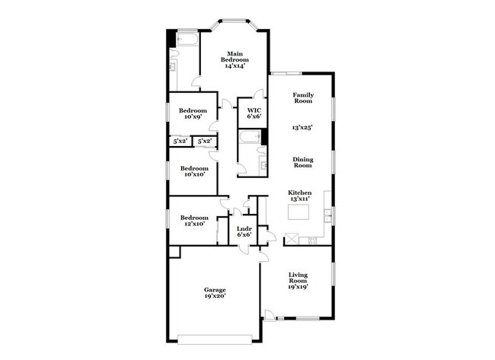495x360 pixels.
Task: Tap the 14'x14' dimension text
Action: (x=233, y=66)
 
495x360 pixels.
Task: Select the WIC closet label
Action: (x=254, y=110)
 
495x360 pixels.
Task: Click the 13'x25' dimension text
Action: (x=303, y=127)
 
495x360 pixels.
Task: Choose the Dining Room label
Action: (x=303, y=162)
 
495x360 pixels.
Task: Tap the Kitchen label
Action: (x=299, y=193)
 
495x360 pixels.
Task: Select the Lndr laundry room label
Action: (x=244, y=229)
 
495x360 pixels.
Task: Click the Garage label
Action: (x=214, y=290)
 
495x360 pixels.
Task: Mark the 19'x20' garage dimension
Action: (x=214, y=297)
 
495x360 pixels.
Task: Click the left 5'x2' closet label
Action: (x=180, y=141)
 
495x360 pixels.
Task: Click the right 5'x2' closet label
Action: (x=205, y=141)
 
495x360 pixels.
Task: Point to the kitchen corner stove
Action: (x=292, y=239)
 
